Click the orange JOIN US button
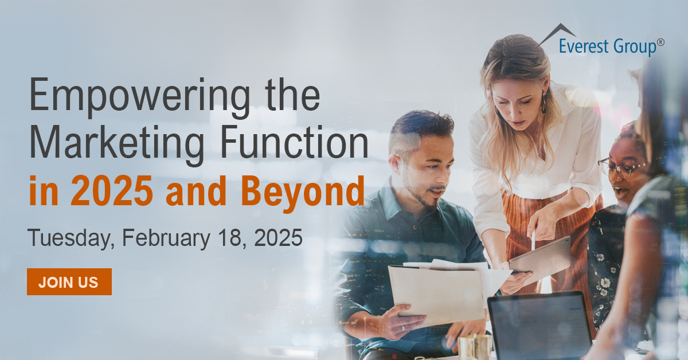point(69,281)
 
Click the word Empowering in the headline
point(140,96)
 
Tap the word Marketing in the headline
point(117,144)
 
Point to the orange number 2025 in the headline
point(112,191)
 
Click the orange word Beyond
point(303,194)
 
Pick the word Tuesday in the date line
point(71,238)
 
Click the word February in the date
point(166,238)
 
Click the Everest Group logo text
point(608,46)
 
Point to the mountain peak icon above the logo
point(557,34)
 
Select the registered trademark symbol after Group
point(660,42)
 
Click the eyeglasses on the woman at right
point(620,168)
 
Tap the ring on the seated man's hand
point(403,328)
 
